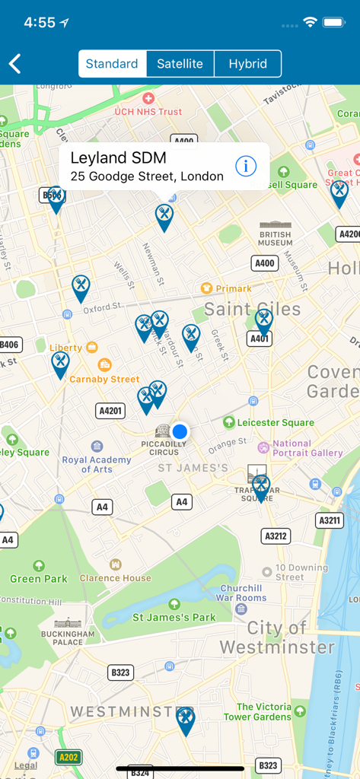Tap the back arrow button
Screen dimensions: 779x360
(x=15, y=64)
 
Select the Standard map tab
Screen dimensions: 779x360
(x=112, y=64)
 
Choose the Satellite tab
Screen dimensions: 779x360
(x=180, y=64)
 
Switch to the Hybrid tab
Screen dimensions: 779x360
(x=248, y=64)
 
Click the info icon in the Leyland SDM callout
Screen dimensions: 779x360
(x=245, y=166)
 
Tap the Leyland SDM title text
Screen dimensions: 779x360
(x=118, y=158)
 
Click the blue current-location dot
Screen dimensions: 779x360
(x=180, y=431)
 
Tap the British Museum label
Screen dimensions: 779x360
(x=275, y=238)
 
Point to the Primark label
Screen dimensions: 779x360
(x=233, y=288)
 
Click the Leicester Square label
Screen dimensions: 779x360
(x=275, y=422)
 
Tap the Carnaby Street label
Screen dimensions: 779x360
(x=104, y=379)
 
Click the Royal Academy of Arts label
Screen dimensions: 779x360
(x=97, y=464)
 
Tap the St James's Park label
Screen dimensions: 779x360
(x=174, y=617)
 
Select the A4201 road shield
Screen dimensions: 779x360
(x=111, y=411)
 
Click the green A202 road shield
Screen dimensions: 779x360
(x=68, y=757)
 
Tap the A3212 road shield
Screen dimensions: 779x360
(x=276, y=536)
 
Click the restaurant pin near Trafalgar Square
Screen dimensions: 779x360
(x=261, y=486)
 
